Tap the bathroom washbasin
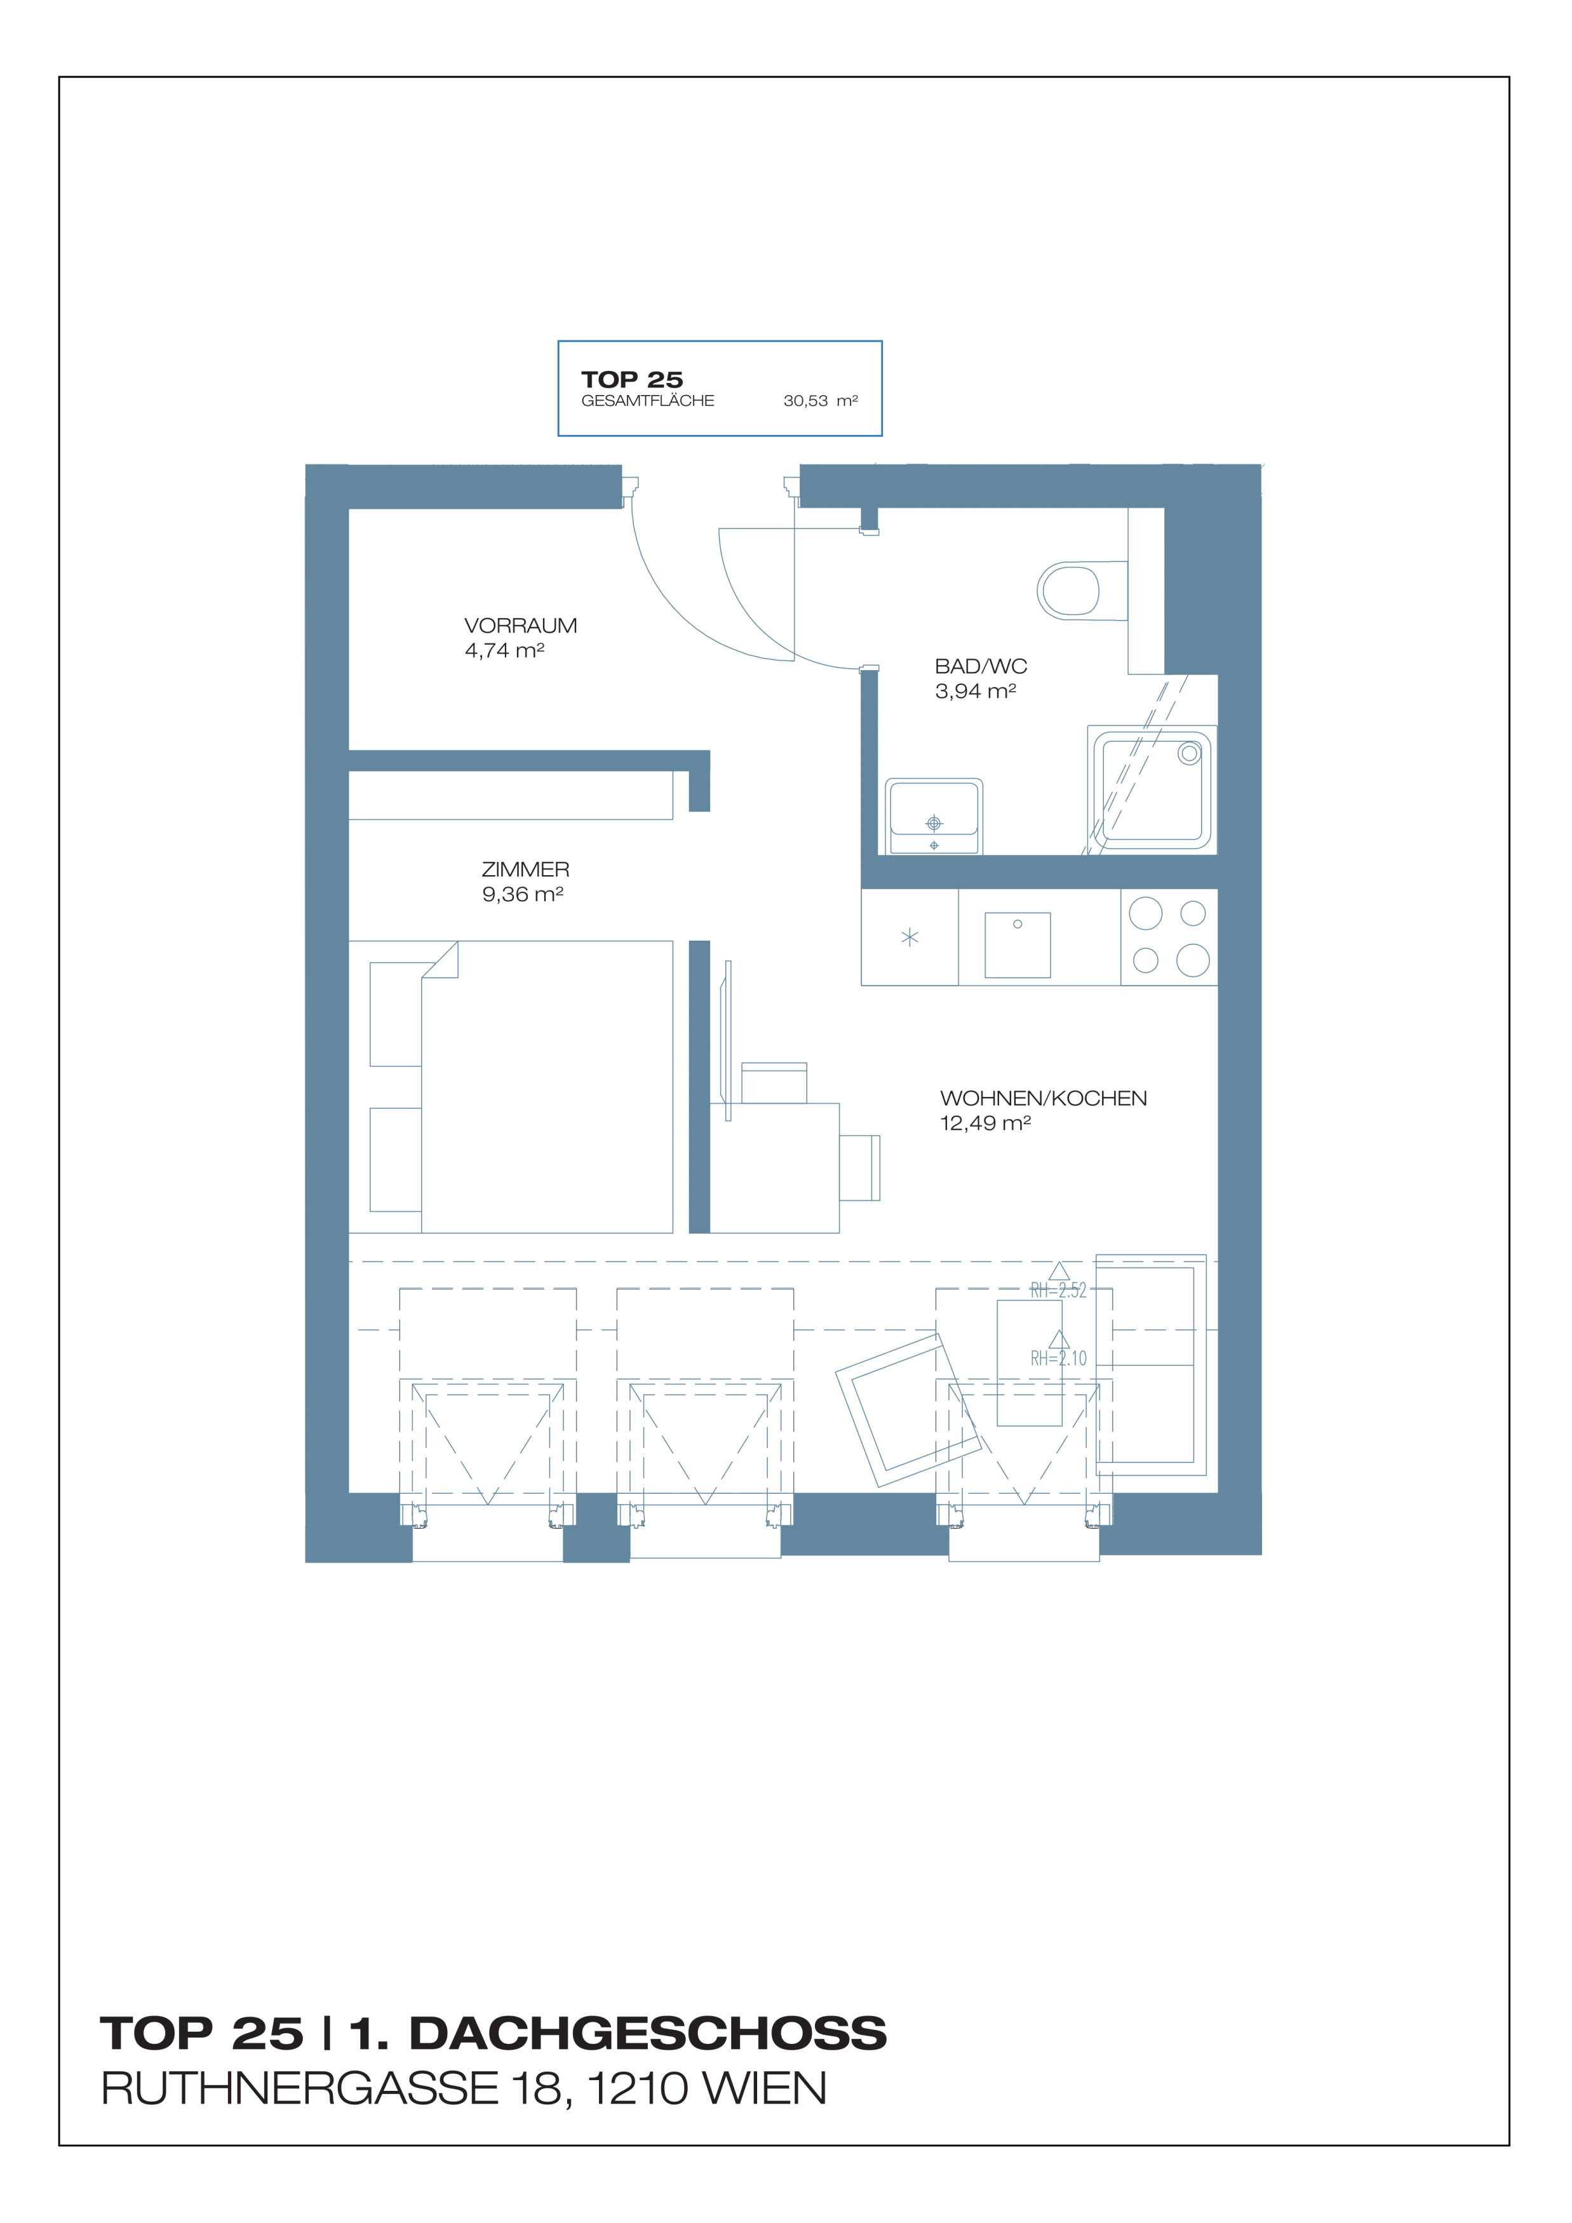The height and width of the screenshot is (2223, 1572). [933, 816]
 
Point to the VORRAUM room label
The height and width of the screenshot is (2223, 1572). [521, 626]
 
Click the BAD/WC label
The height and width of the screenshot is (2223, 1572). [981, 666]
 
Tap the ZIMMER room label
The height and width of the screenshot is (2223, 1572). [526, 870]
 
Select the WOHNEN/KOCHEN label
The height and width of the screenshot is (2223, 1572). [1044, 1098]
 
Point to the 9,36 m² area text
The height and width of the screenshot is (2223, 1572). [523, 894]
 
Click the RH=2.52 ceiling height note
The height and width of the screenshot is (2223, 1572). [1058, 1289]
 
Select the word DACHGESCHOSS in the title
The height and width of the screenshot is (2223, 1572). [648, 2033]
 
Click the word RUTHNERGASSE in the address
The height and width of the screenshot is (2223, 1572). [299, 2088]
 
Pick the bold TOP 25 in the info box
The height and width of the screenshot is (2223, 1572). [632, 380]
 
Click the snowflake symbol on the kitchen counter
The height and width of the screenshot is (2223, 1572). [910, 937]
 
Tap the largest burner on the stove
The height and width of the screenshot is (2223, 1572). [1145, 913]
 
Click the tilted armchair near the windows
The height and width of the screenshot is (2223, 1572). [909, 1410]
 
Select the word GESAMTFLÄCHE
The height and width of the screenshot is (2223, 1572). [648, 401]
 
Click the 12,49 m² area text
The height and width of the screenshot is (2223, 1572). [985, 1123]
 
